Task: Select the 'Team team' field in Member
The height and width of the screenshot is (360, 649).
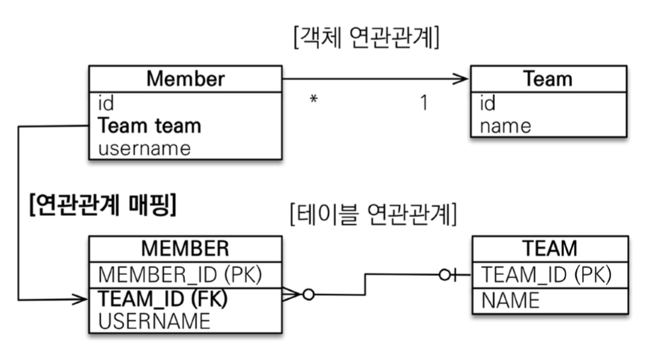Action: (x=149, y=125)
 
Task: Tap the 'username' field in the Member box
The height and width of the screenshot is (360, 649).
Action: (x=145, y=148)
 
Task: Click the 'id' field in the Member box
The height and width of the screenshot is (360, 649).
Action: (x=106, y=103)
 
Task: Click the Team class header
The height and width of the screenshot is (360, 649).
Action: (x=548, y=79)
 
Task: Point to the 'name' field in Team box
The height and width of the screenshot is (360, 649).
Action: (x=505, y=125)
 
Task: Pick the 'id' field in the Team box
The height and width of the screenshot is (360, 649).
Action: (x=488, y=103)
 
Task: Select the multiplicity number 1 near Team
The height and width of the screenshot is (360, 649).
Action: (x=423, y=103)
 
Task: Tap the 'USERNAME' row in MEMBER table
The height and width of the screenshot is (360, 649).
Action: (x=154, y=321)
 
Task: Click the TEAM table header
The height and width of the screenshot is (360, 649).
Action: (x=549, y=249)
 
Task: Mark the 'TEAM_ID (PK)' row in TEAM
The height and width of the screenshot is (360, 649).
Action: (x=546, y=274)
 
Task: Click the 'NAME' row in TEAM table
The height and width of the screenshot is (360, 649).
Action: (x=510, y=300)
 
